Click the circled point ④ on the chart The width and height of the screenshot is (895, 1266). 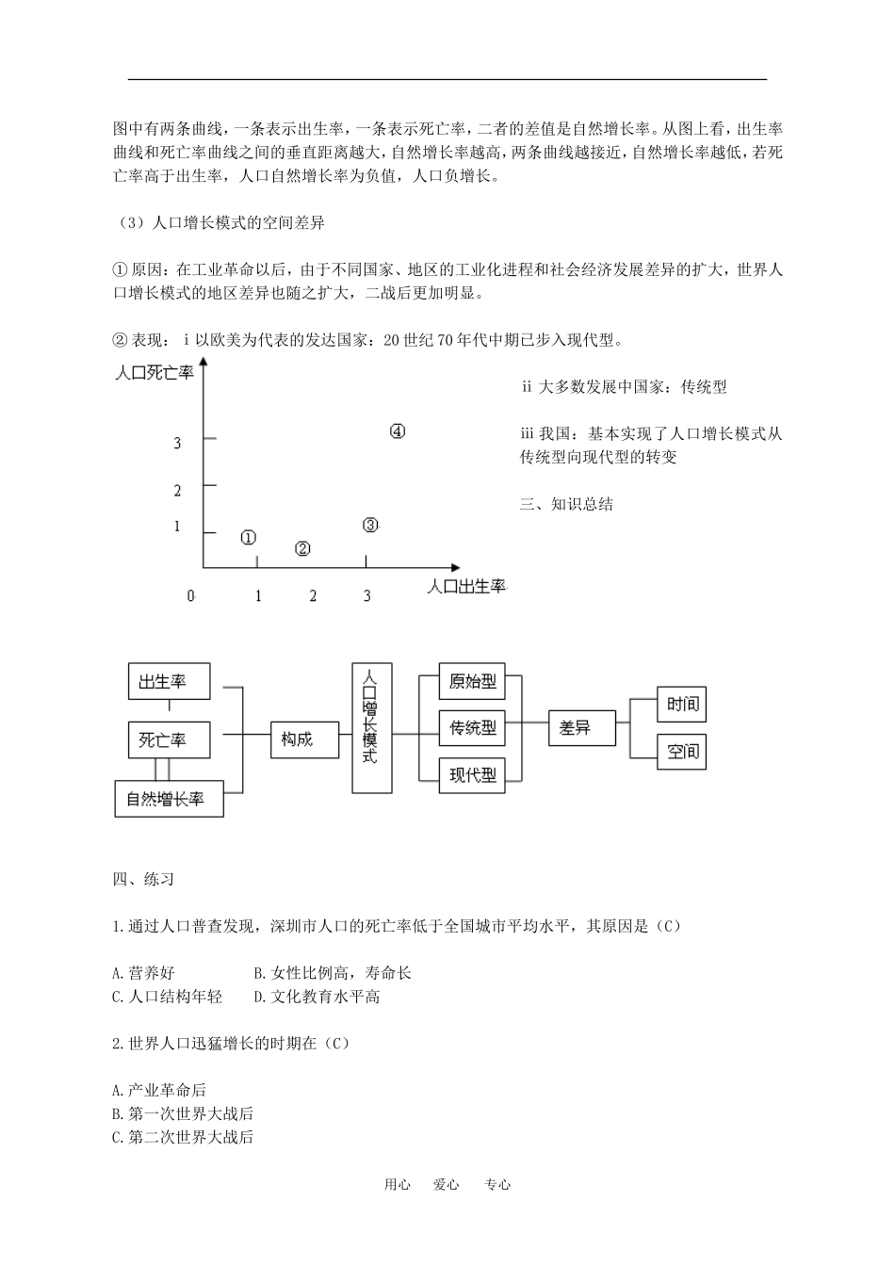coord(398,431)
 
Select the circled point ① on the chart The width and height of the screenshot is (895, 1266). coord(248,538)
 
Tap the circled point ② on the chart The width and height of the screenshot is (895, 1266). coord(302,548)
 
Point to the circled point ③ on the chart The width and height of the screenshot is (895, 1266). coord(370,526)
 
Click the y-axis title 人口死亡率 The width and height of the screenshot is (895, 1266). coord(154,373)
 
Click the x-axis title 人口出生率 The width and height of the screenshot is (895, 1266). coord(466,587)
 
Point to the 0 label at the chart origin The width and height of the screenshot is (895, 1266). coord(191,595)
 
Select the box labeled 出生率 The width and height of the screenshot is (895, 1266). coord(170,682)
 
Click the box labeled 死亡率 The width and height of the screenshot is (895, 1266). coord(170,740)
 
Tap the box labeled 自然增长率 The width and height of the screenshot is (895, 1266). coord(170,799)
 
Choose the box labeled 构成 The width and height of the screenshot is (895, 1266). coord(297,739)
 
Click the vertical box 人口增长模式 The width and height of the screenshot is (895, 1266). coord(370,728)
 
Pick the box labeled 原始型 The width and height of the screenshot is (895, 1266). coord(473,682)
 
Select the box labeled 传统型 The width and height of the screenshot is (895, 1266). coord(473,728)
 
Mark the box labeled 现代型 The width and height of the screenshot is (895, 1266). coord(473,775)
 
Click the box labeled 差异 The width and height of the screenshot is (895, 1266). coord(581,728)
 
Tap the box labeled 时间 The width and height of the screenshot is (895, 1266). coord(681,705)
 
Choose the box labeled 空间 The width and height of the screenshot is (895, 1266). coord(681,752)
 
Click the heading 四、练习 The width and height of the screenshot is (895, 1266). coord(143,880)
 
